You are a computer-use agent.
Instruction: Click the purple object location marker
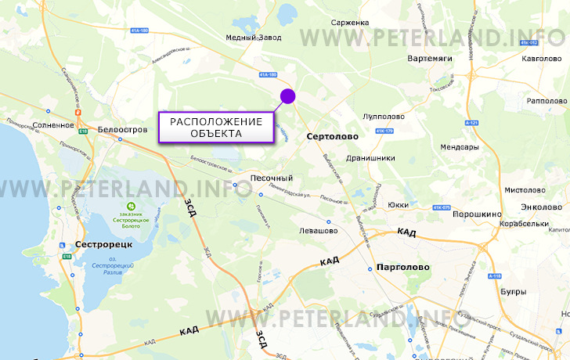[x=287, y=96]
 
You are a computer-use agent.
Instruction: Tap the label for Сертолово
[x=333, y=136]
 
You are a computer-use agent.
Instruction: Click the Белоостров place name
[x=124, y=129]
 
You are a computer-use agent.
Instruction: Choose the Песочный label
[x=271, y=178]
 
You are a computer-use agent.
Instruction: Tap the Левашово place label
[x=318, y=231]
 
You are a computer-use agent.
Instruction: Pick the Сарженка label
[x=350, y=23]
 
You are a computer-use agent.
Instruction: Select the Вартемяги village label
[x=431, y=59]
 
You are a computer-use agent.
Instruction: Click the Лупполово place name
[x=384, y=117]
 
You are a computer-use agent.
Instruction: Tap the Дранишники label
[x=370, y=157]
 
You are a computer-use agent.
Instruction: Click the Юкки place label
[x=398, y=205]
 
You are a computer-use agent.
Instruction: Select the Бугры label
[x=513, y=291]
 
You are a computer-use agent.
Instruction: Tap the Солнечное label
[x=54, y=125]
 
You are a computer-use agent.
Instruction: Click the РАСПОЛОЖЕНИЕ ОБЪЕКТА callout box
[x=216, y=127]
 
